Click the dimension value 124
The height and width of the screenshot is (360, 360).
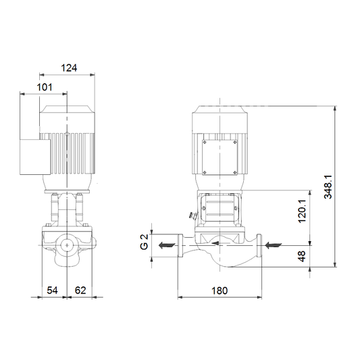[69, 68]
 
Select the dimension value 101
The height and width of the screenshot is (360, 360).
[45, 87]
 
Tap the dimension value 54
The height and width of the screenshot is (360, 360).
[52, 290]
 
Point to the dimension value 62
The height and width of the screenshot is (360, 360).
[80, 290]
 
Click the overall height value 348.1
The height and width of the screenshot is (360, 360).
[328, 186]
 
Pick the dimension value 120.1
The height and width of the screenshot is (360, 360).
[302, 211]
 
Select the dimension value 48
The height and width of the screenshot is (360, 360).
[302, 256]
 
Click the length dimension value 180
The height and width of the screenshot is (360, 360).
[220, 290]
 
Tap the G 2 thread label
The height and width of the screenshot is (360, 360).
[144, 242]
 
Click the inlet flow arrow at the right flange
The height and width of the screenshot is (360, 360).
[273, 245]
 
